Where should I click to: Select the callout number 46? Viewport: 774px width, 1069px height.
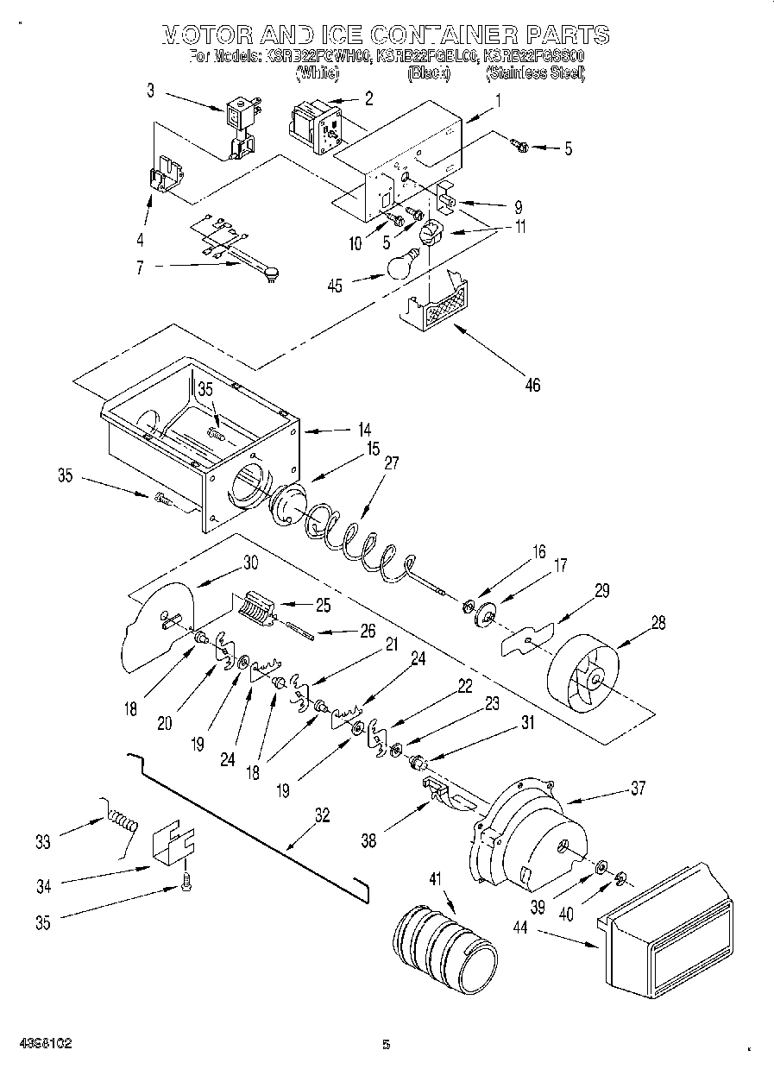pyautogui.click(x=532, y=385)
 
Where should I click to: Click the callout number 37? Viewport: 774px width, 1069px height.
pyautogui.click(x=637, y=788)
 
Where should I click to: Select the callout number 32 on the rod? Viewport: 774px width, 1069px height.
pyautogui.click(x=321, y=814)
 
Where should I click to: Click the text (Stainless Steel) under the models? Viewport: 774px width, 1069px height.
pyautogui.click(x=536, y=74)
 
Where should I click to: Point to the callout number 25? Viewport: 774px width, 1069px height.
pyautogui.click(x=322, y=605)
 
